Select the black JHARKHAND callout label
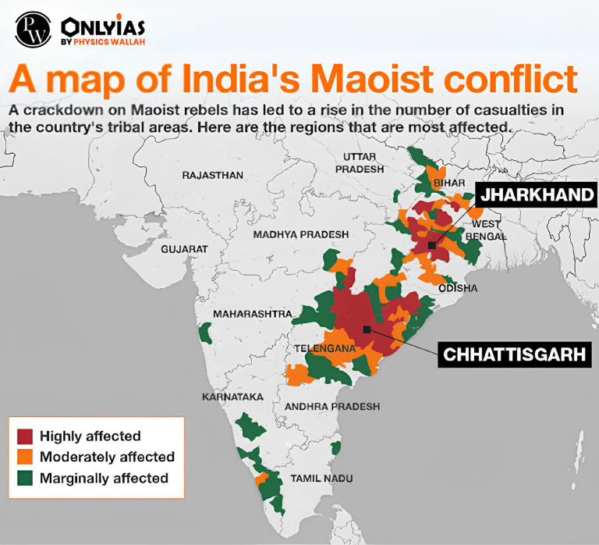coord(537,194)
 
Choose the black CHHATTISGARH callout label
coord(514,354)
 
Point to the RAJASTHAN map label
coord(212,175)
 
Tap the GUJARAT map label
coord(184,248)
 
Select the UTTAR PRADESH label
coord(360,162)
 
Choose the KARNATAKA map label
coord(232,397)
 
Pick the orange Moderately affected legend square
coord(26,457)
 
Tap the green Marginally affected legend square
coord(26,478)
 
